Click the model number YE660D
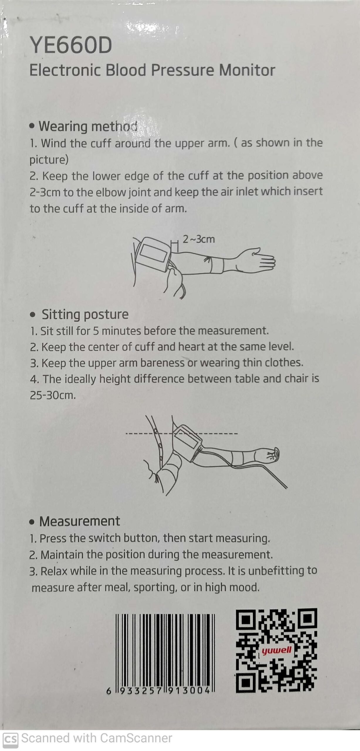tap(71, 45)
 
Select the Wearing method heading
tap(88, 126)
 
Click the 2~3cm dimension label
tap(199, 239)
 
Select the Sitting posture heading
tap(85, 314)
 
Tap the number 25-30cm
tap(53, 395)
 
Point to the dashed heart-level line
tap(181, 433)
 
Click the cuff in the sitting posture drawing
tap(188, 440)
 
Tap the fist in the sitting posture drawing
tap(271, 455)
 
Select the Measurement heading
tap(80, 521)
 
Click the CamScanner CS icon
tap(11, 740)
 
